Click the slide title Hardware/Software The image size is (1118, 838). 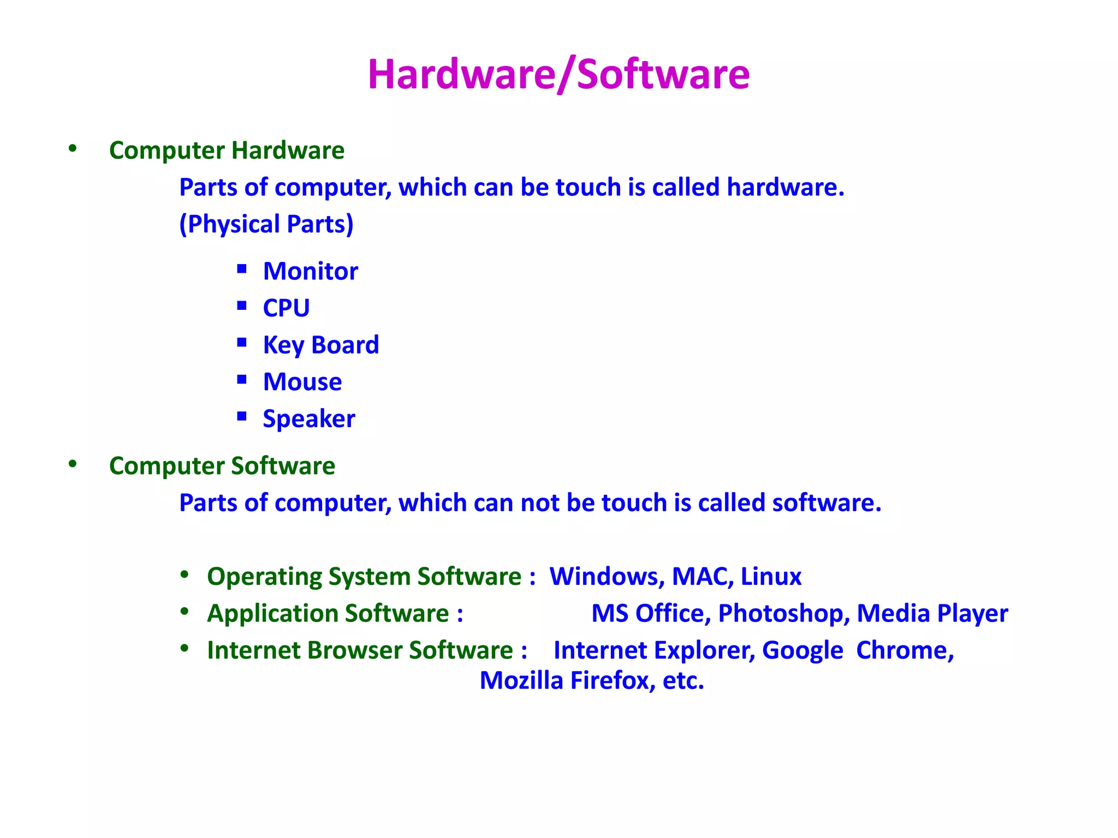(558, 74)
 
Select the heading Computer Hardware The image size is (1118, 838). (227, 150)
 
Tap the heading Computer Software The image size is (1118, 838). (222, 465)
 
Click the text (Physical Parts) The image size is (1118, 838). (266, 224)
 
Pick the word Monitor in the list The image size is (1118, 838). (310, 271)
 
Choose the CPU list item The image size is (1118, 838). (286, 308)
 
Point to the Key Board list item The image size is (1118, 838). (320, 345)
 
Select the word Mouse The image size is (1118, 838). (302, 381)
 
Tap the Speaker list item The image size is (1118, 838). (308, 418)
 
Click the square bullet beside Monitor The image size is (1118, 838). (242, 268)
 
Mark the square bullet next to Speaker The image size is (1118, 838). (242, 416)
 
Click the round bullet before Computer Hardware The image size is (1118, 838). (73, 148)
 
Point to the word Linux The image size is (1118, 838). (771, 576)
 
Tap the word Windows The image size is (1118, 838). (606, 576)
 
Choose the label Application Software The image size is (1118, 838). (335, 613)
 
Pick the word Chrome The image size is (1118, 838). (905, 650)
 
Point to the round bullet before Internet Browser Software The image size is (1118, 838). (185, 648)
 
